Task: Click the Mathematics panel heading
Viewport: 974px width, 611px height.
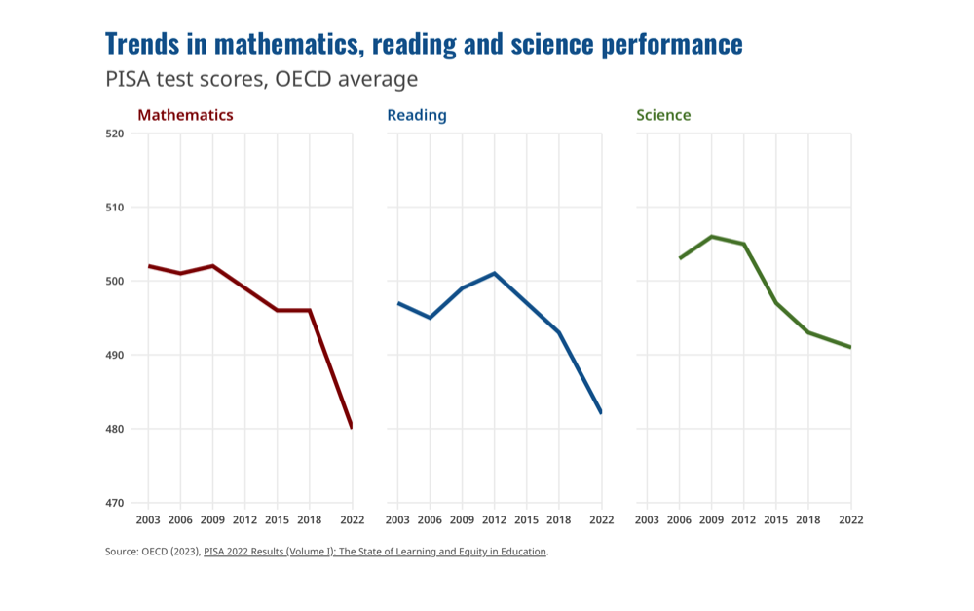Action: click(x=185, y=115)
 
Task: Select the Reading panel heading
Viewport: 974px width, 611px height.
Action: click(x=417, y=115)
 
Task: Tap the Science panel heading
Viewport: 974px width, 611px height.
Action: click(x=663, y=115)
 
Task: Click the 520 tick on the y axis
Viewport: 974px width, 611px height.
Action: click(x=115, y=134)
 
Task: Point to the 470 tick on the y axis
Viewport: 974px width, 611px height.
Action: click(x=115, y=503)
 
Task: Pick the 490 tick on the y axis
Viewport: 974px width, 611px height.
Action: click(x=115, y=355)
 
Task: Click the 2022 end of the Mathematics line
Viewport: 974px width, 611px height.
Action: click(x=352, y=428)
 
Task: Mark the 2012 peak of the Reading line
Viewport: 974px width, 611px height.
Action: click(x=495, y=273)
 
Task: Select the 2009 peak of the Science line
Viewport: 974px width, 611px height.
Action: click(x=712, y=236)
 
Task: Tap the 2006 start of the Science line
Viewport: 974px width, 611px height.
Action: click(x=680, y=258)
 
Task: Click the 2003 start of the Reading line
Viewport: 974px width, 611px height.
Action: click(x=397, y=303)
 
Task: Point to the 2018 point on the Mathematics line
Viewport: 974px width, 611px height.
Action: click(x=310, y=310)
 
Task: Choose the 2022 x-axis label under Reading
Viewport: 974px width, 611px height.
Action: click(x=601, y=520)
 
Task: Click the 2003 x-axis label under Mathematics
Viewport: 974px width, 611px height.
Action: click(x=148, y=520)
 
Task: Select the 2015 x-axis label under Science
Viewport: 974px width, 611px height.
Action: click(x=776, y=520)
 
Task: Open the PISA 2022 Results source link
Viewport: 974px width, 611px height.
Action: click(x=375, y=552)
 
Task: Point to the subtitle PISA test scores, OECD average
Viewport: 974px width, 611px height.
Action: click(x=261, y=79)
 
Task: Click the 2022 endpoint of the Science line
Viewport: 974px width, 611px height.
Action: click(x=850, y=347)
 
